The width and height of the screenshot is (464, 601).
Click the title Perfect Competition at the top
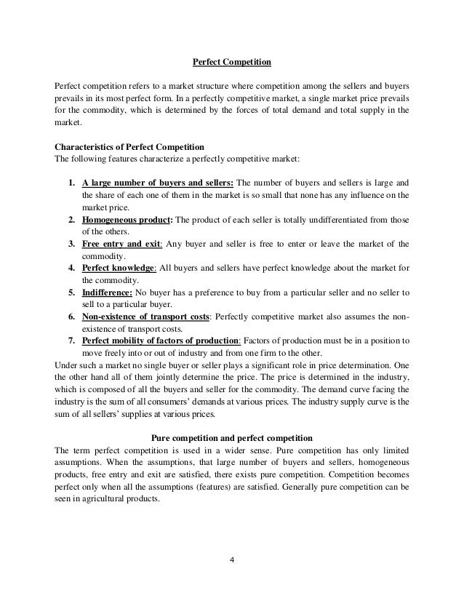click(231, 63)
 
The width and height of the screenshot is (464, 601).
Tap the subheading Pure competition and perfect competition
click(231, 437)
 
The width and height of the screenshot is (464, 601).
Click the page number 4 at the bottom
click(231, 560)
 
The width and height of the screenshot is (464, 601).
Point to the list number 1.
click(73, 183)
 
